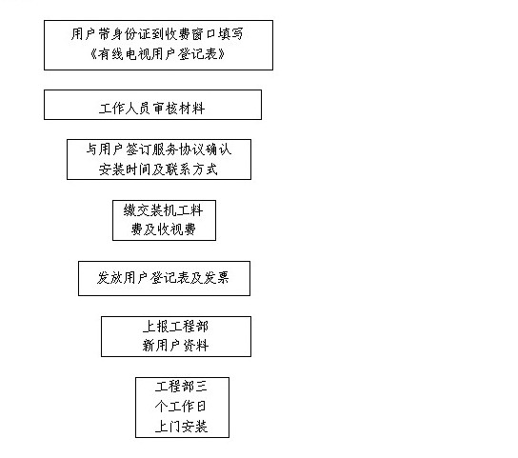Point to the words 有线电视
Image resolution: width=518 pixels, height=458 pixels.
pos(124,54)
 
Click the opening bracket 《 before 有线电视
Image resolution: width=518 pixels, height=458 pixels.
pos(92,54)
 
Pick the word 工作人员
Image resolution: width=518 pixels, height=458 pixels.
pos(125,109)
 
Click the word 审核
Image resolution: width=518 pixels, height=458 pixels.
pos(166,109)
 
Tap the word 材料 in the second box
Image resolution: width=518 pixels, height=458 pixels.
pos(192,109)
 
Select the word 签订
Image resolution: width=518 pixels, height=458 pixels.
pos(138,149)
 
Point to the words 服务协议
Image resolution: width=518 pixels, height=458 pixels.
pos(178,149)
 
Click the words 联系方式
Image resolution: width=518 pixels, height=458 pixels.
pos(192,169)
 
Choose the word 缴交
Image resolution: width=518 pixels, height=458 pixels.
pos(137,210)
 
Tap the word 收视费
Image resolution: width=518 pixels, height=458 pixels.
pos(177,229)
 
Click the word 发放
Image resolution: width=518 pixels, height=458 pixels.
pos(110,278)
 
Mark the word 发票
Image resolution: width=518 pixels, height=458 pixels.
pos(216,278)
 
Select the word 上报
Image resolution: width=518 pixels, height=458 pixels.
pos(156,327)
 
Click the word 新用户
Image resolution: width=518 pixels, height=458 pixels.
pos(162,346)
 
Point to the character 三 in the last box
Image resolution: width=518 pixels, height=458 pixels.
pos(202,387)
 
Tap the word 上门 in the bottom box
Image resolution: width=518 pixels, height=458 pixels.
pos(169,427)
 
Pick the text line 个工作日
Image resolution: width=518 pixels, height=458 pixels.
pos(181,407)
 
